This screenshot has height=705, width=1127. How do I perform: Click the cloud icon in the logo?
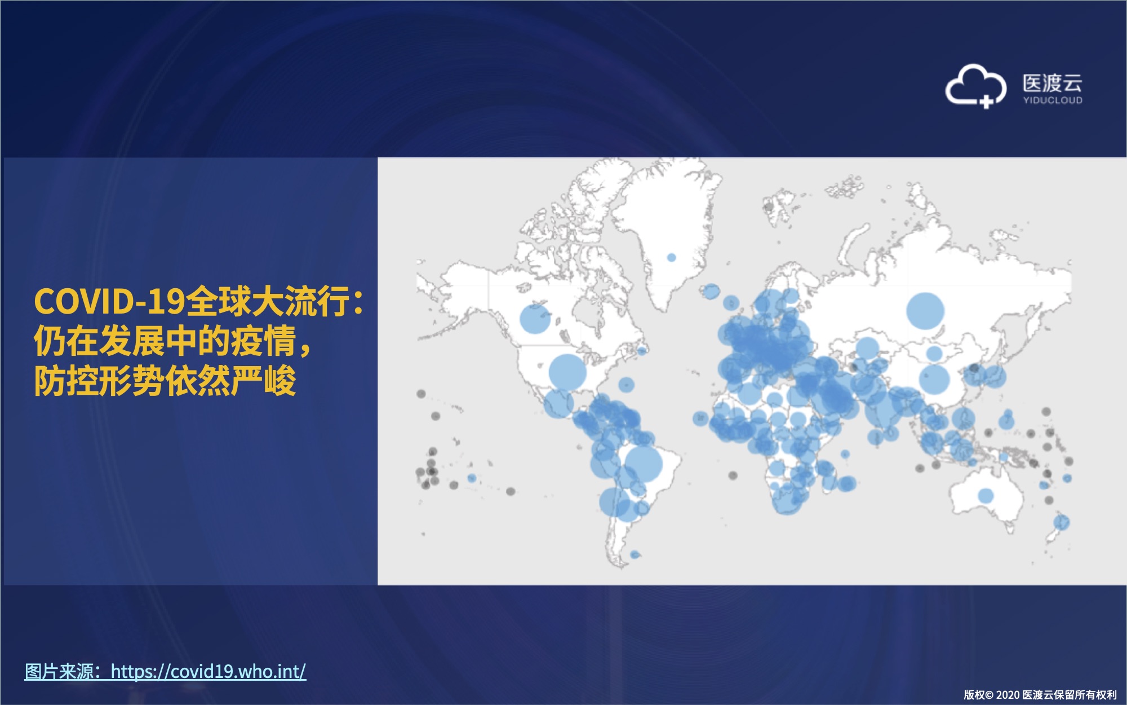pos(975,86)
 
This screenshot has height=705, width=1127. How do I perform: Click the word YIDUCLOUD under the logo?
pos(1053,100)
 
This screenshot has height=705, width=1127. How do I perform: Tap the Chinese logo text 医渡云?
pos(1053,83)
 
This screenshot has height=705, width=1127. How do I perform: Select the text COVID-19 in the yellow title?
pos(109,301)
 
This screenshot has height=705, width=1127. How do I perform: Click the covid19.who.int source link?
pos(208,671)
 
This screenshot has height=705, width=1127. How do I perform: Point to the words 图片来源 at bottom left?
pos(59,671)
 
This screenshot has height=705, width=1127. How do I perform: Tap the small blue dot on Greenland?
pos(671,257)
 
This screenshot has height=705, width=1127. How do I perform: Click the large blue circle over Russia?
pos(925,311)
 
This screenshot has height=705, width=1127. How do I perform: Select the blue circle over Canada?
pos(535,318)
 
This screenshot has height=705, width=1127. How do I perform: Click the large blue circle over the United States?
pos(567,372)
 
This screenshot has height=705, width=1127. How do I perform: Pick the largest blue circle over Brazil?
pos(644,464)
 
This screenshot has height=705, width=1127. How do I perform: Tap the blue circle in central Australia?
pos(986,496)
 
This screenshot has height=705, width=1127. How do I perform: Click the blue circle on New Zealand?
pos(1061,522)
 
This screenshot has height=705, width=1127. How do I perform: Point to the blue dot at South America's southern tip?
pos(635,554)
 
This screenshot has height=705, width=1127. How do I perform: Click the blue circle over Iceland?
pos(711,291)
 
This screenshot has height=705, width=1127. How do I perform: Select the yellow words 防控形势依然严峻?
pos(165,381)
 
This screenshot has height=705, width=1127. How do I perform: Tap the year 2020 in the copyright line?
pos(1008,695)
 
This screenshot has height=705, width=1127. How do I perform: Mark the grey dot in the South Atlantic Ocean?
pos(733,475)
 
